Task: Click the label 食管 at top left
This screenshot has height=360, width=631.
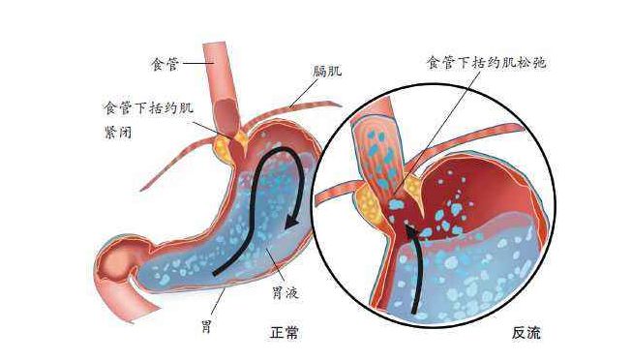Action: [165, 64]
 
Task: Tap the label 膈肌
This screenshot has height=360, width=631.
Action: [327, 72]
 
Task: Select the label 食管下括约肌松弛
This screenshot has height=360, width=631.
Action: [487, 63]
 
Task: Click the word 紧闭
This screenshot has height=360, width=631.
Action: [118, 132]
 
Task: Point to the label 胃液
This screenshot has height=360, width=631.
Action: [285, 292]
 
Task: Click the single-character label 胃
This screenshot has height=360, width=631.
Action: [206, 326]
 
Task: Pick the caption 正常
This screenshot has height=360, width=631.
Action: [285, 333]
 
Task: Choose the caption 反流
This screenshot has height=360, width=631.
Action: [526, 333]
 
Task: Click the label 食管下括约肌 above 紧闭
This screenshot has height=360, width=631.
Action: [149, 107]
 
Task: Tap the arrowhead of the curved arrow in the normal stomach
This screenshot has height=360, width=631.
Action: [291, 223]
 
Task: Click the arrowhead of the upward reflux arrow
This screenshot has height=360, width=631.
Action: [410, 232]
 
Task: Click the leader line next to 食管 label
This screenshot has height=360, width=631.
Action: [197, 63]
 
